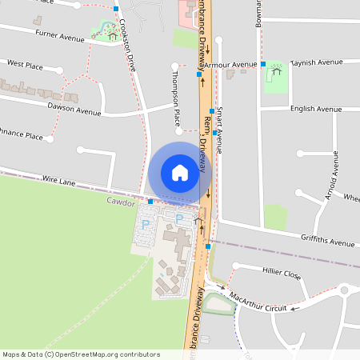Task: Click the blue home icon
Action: [x=180, y=173]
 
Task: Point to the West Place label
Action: [x=25, y=63]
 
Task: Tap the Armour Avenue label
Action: [x=230, y=63]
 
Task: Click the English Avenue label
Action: [x=316, y=109]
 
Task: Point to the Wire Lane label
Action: [x=58, y=182]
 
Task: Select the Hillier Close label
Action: [x=281, y=274]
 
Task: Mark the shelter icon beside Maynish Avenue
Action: [x=277, y=70]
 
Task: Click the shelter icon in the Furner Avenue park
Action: [x=111, y=34]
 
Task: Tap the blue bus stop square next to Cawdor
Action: [x=150, y=202]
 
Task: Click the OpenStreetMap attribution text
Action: [x=81, y=354]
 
